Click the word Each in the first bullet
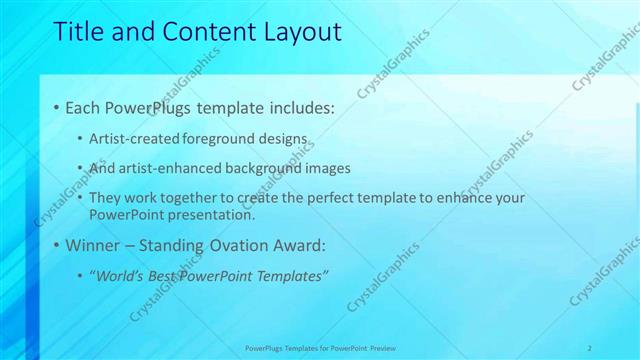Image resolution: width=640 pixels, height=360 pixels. click(x=82, y=107)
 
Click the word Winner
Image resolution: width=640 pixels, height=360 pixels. click(x=91, y=245)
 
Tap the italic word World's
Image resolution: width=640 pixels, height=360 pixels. click(x=118, y=275)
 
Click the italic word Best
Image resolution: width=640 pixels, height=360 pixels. click(x=160, y=275)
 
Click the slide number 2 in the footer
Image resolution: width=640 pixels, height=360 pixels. click(x=590, y=348)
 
